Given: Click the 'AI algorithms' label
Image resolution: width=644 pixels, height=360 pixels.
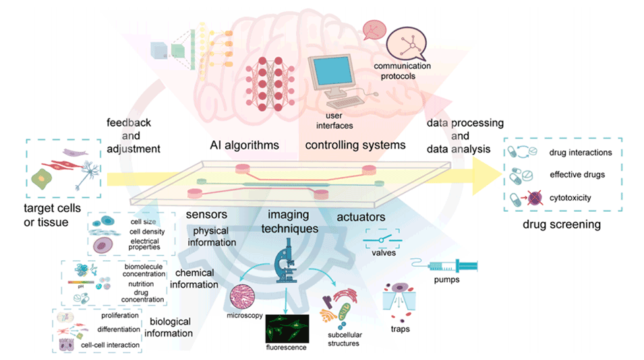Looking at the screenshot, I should (244, 145).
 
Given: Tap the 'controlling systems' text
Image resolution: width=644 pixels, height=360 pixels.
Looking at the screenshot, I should (355, 145).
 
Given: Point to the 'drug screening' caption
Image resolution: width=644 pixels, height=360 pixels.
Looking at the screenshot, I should (562, 224).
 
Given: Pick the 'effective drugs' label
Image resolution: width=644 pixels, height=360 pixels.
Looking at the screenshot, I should (577, 175).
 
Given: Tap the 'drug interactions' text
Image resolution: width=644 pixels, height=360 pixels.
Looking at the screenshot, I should (581, 152).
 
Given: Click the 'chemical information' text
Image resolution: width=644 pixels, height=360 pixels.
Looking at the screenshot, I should (195, 279).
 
